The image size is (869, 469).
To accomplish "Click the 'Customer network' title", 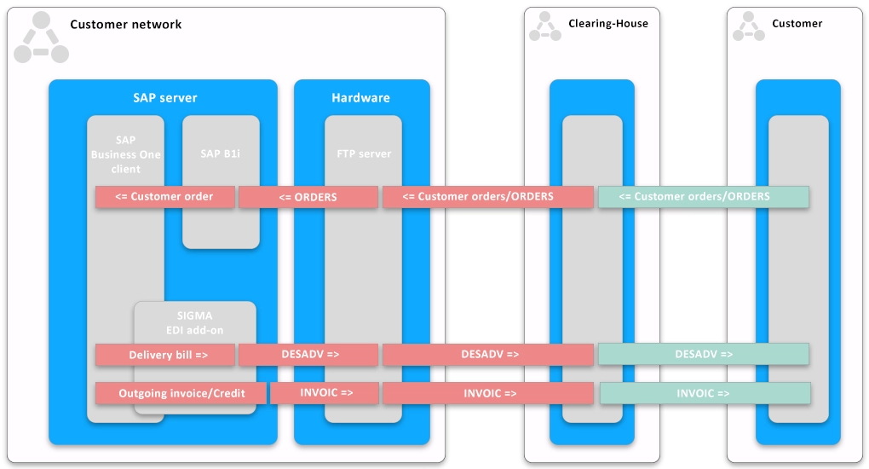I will pyautogui.click(x=125, y=25).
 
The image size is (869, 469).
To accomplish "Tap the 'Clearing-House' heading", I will pyautogui.click(x=607, y=24).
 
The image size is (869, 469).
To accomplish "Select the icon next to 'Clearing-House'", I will pyautogui.click(x=545, y=26).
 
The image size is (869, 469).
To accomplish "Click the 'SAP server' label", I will pyautogui.click(x=164, y=98).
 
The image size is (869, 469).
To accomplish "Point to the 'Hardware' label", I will pyautogui.click(x=360, y=98).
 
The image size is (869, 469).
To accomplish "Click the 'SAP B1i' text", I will pyautogui.click(x=221, y=153).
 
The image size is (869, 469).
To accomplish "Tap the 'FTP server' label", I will pyautogui.click(x=364, y=153).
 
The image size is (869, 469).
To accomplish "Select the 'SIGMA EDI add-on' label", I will pyautogui.click(x=194, y=322).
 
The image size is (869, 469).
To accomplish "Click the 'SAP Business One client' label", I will pyautogui.click(x=125, y=154).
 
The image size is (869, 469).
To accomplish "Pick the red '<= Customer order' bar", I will pyautogui.click(x=165, y=197).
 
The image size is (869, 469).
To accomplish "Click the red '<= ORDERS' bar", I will pyautogui.click(x=308, y=197).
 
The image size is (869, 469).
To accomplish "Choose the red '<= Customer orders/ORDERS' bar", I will pyautogui.click(x=487, y=197).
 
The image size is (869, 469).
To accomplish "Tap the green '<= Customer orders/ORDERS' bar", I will pyautogui.click(x=703, y=197).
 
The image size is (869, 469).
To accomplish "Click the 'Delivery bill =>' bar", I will pyautogui.click(x=165, y=355).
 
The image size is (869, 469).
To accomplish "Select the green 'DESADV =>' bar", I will pyautogui.click(x=703, y=354).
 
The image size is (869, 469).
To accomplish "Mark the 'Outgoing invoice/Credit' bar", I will pyautogui.click(x=181, y=393).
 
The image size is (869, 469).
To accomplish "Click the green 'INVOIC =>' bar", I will pyautogui.click(x=704, y=393).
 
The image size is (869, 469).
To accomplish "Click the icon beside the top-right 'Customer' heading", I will pyautogui.click(x=749, y=26).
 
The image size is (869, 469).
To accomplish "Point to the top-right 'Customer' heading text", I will pyautogui.click(x=797, y=24).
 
